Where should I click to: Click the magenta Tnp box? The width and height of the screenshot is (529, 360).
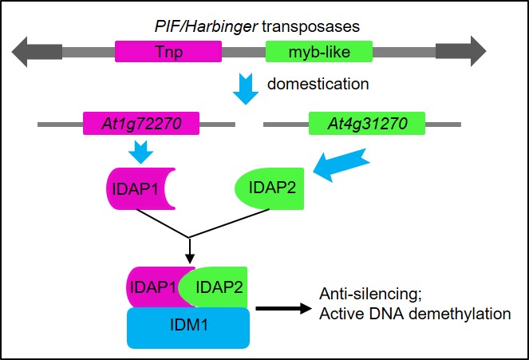click(168, 53)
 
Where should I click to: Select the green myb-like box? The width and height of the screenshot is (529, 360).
click(319, 53)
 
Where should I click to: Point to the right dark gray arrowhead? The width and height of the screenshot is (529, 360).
click(470, 53)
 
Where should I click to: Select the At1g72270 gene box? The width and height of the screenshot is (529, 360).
click(141, 124)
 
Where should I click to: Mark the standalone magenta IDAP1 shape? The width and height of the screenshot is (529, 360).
click(136, 192)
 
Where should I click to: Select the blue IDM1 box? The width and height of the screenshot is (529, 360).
click(188, 328)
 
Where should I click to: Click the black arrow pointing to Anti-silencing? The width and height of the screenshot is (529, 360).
click(283, 304)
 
